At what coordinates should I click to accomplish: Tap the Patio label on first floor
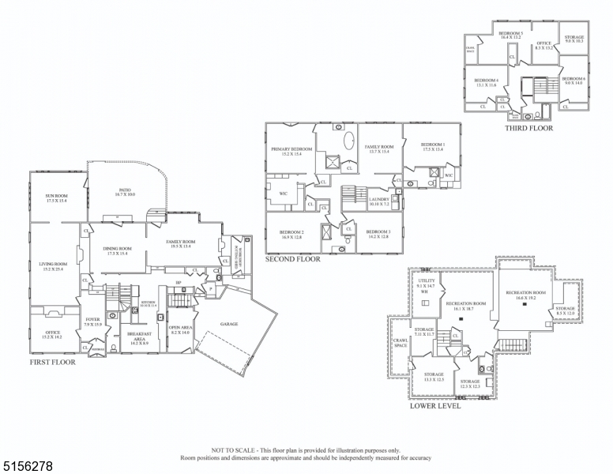point(125,191)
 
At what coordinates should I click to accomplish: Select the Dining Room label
point(117,250)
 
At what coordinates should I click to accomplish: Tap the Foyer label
point(92,322)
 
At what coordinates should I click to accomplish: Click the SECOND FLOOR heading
point(292,259)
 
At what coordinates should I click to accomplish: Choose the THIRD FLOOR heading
point(528,128)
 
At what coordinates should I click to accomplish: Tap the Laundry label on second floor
point(380,201)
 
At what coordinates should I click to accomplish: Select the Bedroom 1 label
point(433,146)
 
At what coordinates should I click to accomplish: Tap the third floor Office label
point(543,45)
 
